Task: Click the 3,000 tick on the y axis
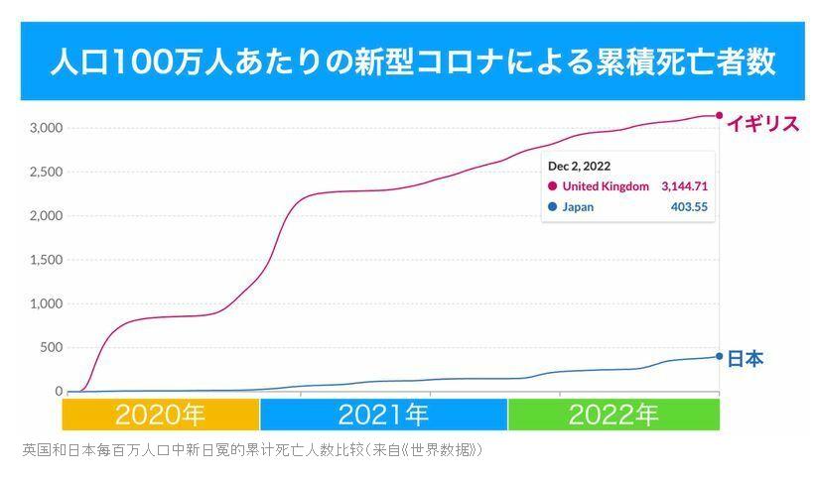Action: click(x=46, y=128)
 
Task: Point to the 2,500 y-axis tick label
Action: click(x=46, y=172)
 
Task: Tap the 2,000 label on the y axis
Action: click(x=46, y=216)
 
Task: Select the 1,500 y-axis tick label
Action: click(x=46, y=260)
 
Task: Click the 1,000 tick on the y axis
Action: click(x=46, y=303)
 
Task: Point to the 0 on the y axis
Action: click(x=59, y=392)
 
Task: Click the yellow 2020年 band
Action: click(x=161, y=415)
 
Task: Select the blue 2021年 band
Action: click(x=383, y=415)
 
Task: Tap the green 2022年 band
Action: click(x=613, y=415)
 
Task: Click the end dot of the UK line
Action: click(x=720, y=115)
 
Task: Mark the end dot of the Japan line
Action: click(x=720, y=356)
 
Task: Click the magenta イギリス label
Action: click(x=762, y=124)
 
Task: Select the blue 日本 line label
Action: click(x=746, y=359)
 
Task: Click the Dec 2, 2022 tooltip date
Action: click(x=579, y=166)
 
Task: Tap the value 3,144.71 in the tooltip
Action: click(x=684, y=185)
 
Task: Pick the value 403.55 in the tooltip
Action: click(x=689, y=207)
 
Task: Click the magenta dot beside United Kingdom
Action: click(x=552, y=185)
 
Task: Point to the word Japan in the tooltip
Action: click(x=578, y=207)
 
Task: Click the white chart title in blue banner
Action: click(x=412, y=62)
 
